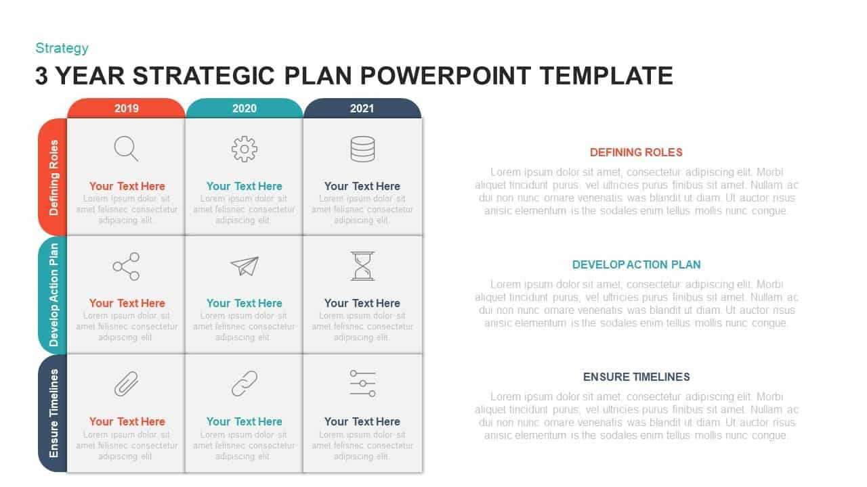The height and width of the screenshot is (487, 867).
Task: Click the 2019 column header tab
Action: [126, 108]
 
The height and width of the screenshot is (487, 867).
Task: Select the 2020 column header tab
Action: [245, 108]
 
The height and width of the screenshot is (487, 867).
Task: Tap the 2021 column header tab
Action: [362, 108]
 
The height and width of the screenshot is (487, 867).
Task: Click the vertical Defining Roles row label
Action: [54, 177]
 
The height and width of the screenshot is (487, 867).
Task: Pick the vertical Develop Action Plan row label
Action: [54, 295]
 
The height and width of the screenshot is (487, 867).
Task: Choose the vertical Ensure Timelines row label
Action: [54, 413]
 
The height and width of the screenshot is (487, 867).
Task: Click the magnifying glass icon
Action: [126, 148]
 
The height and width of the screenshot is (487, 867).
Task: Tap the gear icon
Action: [245, 149]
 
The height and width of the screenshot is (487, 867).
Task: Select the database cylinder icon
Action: [362, 149]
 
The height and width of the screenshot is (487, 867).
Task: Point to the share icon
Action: [126, 266]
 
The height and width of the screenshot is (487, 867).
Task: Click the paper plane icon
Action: [245, 266]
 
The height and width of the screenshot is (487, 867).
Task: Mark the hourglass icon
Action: [362, 266]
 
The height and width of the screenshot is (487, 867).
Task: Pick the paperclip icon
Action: [126, 384]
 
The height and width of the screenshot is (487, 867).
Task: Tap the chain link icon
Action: [245, 384]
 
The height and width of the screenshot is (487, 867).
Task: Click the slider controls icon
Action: [362, 384]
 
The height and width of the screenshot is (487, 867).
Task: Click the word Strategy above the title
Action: [62, 48]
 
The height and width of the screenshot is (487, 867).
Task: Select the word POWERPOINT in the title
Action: [445, 75]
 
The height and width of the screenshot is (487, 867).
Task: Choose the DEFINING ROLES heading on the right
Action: [636, 152]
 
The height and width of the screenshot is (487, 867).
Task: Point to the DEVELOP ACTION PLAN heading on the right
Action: [636, 264]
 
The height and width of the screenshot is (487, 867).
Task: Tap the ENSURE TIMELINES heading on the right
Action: [636, 377]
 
